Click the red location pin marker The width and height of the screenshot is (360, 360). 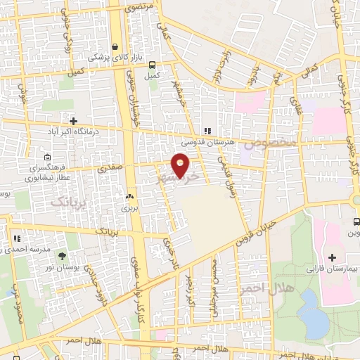coord(181,165)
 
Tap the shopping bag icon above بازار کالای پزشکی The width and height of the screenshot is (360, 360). coord(115,47)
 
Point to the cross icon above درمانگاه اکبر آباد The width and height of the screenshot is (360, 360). coord(74,120)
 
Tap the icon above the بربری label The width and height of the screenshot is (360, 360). coord(129,196)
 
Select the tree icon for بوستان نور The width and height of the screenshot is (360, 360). coord(63,255)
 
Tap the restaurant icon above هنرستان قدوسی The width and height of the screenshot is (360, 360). coord(207,130)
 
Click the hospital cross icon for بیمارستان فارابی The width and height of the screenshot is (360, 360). coord(332,257)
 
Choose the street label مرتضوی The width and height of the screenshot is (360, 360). coord(139,10)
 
